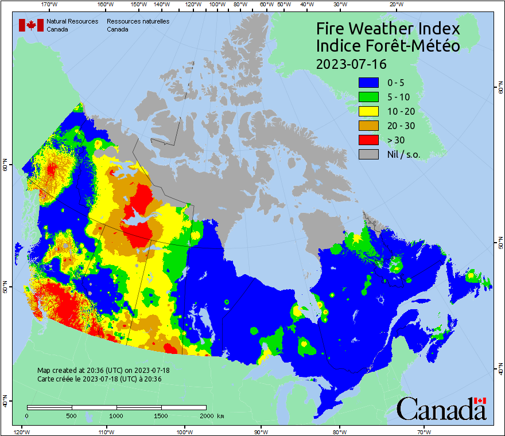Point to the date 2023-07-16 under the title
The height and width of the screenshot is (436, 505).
tap(351, 63)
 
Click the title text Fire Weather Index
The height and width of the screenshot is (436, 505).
tap(388, 29)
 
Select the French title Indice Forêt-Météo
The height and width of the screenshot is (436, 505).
tap(388, 46)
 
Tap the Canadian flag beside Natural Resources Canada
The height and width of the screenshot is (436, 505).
tap(31, 25)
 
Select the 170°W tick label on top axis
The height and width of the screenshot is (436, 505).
tap(50, 5)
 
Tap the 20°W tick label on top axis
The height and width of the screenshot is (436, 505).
tap(395, 5)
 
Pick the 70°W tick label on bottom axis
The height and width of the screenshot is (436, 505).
tap(424, 431)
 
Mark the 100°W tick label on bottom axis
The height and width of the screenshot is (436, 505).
tap(184, 431)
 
